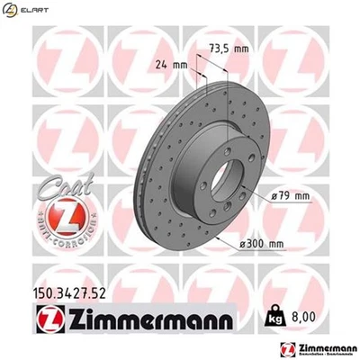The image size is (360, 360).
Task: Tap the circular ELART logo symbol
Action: pos(12,10)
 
